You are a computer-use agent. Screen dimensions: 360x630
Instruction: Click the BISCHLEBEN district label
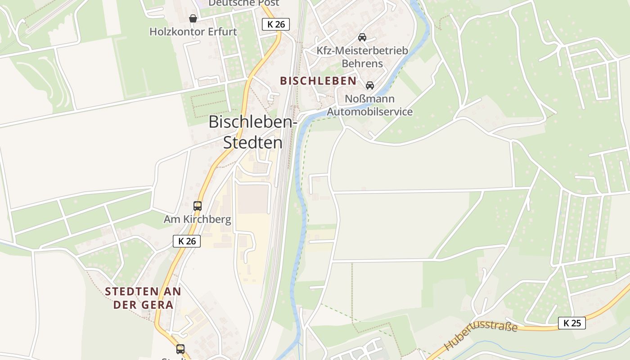(x=318, y=81)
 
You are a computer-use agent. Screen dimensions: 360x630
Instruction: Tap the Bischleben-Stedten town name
(x=253, y=132)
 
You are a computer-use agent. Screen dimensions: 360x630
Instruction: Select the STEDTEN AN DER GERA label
(x=143, y=298)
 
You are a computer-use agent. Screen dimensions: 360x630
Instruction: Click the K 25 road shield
(x=572, y=323)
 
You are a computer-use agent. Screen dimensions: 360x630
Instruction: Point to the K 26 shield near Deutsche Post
(x=276, y=24)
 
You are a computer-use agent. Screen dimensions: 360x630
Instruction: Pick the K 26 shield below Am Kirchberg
(x=187, y=241)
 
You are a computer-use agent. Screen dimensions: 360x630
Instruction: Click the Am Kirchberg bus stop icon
(x=198, y=206)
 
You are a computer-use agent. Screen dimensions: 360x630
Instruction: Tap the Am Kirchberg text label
(x=198, y=220)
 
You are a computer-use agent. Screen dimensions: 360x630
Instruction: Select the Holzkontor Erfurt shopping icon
(x=193, y=18)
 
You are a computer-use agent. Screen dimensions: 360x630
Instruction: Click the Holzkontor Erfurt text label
(x=193, y=32)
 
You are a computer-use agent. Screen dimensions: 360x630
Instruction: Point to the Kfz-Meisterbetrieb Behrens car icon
(x=362, y=37)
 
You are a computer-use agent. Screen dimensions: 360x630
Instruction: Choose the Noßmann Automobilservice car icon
(x=370, y=85)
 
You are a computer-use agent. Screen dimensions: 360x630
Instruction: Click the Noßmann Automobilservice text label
(x=370, y=105)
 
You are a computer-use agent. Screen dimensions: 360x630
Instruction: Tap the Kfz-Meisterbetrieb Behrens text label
(x=362, y=57)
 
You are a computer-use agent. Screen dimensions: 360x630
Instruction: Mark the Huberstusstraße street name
(x=481, y=335)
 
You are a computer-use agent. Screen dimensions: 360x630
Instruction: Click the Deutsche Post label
(x=244, y=3)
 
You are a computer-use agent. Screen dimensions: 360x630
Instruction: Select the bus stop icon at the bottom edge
(x=180, y=349)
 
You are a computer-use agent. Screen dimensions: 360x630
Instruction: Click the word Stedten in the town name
(x=253, y=143)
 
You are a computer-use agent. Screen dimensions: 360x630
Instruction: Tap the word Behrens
(x=362, y=63)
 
